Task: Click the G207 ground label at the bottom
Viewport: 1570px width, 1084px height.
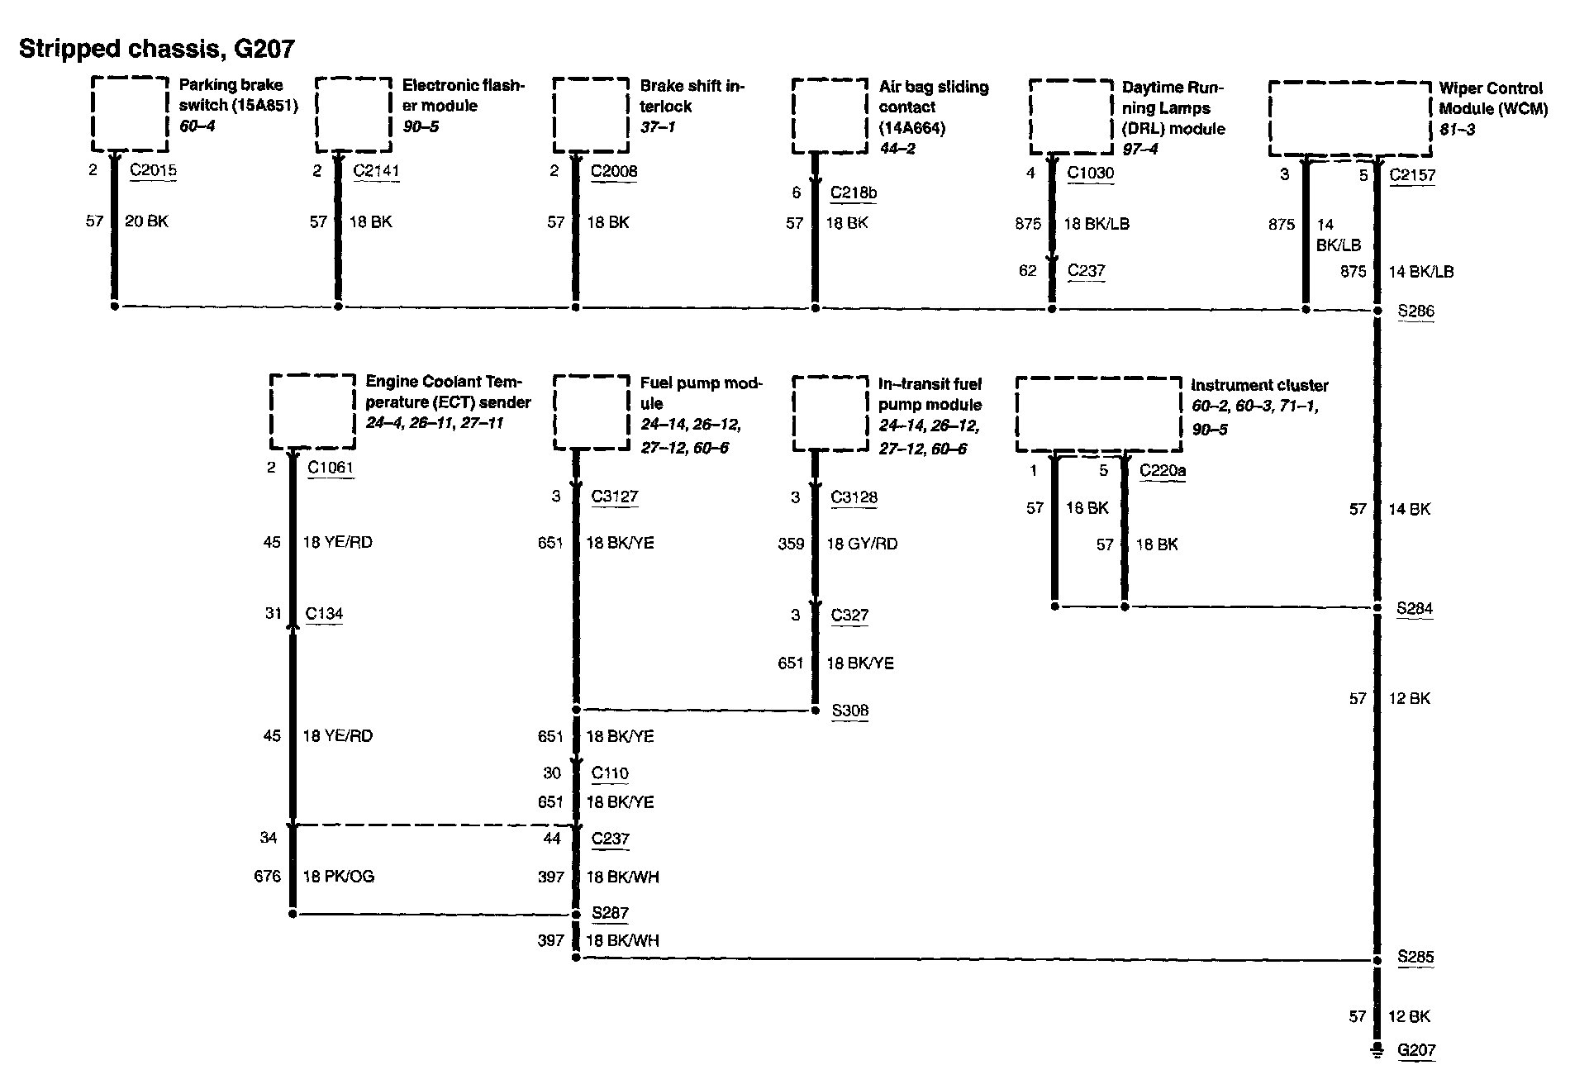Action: (x=1416, y=1050)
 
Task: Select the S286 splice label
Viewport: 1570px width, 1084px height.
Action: (x=1415, y=311)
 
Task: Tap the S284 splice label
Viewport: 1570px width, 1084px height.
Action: (x=1415, y=609)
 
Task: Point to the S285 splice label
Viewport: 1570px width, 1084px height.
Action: (x=1415, y=958)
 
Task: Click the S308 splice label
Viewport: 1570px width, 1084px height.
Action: (x=849, y=711)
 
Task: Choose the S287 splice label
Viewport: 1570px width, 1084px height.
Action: (x=610, y=913)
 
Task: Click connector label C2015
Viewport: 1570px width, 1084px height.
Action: (x=153, y=171)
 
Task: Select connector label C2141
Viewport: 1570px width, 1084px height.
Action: (x=376, y=171)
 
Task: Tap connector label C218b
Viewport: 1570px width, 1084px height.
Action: (x=854, y=193)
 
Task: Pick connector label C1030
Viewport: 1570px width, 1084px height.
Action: (x=1090, y=173)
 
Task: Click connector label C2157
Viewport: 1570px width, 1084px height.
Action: (x=1412, y=175)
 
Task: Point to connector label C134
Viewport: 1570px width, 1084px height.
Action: (x=324, y=614)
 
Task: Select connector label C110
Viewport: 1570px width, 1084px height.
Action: (x=610, y=773)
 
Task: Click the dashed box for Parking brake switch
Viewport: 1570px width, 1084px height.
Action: (x=129, y=114)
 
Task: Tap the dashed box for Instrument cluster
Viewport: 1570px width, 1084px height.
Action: (x=1098, y=414)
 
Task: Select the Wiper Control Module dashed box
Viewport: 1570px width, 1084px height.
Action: (x=1349, y=118)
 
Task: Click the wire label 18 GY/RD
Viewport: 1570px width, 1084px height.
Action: (x=862, y=544)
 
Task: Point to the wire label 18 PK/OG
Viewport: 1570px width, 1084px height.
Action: (x=338, y=877)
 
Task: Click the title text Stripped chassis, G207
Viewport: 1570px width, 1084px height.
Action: (x=156, y=49)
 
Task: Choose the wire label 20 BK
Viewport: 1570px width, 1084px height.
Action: (x=146, y=221)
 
